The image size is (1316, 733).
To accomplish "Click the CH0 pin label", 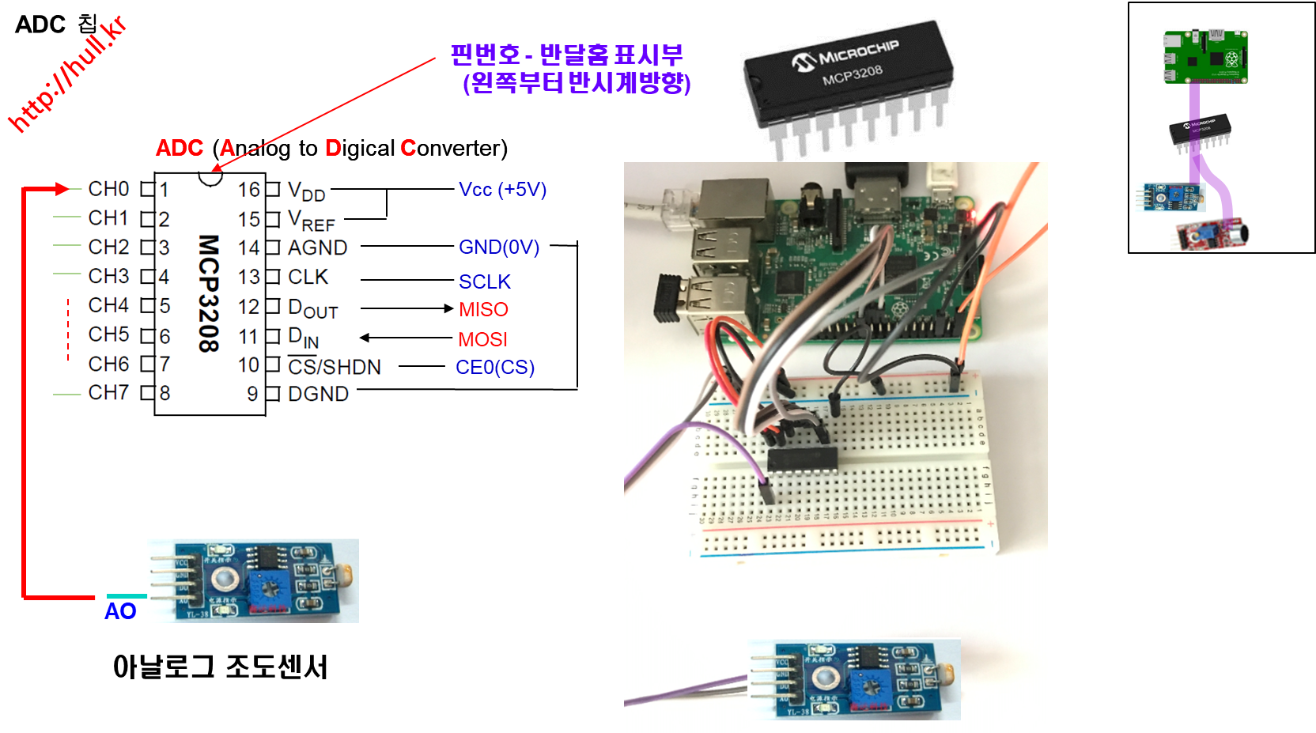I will tap(108, 189).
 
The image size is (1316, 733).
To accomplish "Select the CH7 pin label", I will tap(108, 392).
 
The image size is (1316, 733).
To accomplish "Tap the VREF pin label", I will tap(312, 220).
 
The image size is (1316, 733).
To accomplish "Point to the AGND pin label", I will tap(317, 248).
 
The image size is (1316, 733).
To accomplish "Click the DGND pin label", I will tap(318, 394).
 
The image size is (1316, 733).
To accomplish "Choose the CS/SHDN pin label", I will tap(334, 367).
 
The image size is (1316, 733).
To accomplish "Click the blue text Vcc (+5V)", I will tap(502, 190).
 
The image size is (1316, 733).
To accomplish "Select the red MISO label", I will tap(483, 310).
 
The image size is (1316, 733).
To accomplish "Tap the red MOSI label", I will tap(482, 340).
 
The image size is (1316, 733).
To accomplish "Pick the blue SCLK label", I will tap(484, 282).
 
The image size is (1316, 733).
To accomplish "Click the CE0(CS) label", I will tap(495, 368).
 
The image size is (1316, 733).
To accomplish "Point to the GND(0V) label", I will tap(499, 247).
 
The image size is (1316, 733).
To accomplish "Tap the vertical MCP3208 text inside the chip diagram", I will tap(208, 293).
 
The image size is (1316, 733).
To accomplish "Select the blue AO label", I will tap(120, 611).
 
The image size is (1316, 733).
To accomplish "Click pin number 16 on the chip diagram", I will tap(248, 190).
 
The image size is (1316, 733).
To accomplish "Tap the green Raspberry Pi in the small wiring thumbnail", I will tap(1204, 56).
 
